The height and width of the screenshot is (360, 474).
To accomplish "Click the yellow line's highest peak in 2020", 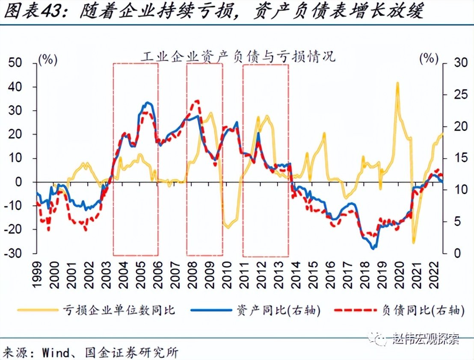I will point(397,83).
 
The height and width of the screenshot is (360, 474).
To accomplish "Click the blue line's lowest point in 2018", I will point(373,248).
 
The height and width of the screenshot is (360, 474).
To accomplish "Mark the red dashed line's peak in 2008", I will point(197,101).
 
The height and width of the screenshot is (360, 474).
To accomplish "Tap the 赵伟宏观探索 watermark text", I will point(426,340).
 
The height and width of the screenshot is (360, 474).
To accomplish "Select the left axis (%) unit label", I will point(48,60).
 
